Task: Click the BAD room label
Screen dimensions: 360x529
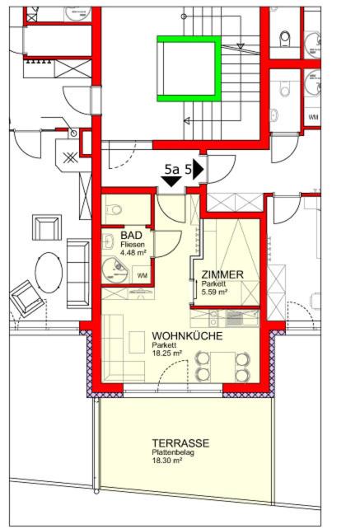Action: [131, 235]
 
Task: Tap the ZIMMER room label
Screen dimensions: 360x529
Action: [222, 274]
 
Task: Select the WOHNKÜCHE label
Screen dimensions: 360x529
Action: [187, 336]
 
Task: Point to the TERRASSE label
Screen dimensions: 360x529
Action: [180, 443]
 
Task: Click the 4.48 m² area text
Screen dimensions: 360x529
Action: [133, 252]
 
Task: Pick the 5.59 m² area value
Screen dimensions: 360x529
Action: [214, 292]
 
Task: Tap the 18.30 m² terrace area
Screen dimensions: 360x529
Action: [165, 460]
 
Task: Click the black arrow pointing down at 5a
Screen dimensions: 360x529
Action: [171, 181]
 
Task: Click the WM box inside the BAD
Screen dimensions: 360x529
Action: [142, 275]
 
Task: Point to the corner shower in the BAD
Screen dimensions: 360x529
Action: [115, 270]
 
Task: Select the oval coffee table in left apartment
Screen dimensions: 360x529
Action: [49, 273]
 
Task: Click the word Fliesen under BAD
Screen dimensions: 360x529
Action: [133, 245]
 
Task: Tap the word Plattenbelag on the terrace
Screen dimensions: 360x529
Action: [173, 452]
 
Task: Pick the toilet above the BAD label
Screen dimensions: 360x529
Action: [114, 210]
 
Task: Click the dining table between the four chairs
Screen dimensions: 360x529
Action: [222, 367]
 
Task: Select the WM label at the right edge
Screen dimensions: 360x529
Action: [313, 117]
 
